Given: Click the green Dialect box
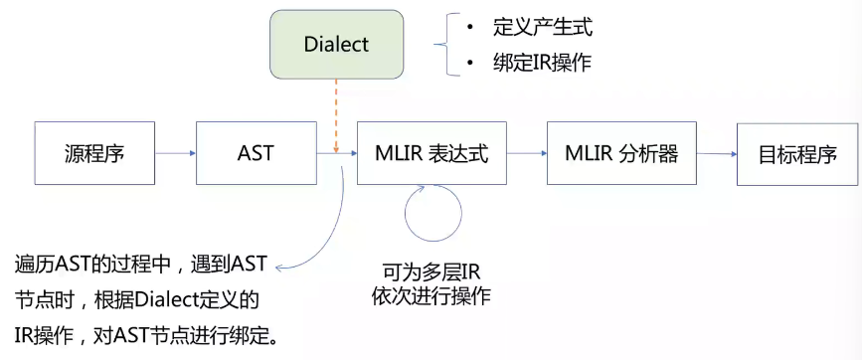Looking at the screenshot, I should (336, 45).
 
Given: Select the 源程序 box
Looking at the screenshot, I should (94, 153).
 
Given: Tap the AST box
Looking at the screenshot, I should (256, 153).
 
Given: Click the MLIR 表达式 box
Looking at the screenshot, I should (431, 153).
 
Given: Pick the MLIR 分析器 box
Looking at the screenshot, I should (621, 153).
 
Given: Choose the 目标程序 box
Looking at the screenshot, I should (796, 153).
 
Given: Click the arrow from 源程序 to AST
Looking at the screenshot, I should (175, 153).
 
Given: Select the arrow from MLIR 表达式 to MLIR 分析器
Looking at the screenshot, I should (527, 153).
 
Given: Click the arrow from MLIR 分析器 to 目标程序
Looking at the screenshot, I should (717, 153).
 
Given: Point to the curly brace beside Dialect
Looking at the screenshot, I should (444, 45).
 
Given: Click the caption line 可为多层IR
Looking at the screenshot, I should (431, 270).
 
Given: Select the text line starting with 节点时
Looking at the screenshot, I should (136, 299).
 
